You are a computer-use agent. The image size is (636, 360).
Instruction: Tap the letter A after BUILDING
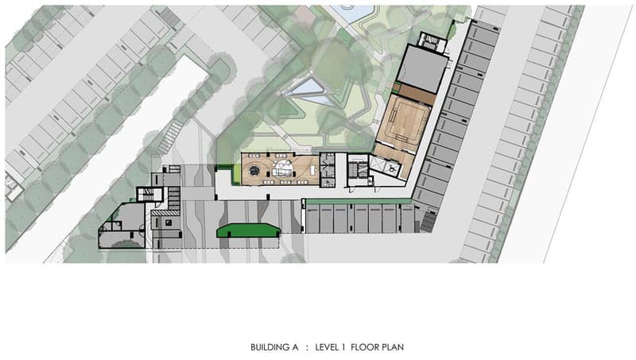[295, 347]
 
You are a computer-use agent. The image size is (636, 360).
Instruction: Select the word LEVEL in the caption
[328, 347]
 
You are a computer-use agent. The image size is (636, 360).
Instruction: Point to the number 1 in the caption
[343, 347]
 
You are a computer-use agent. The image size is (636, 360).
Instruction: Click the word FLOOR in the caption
[364, 347]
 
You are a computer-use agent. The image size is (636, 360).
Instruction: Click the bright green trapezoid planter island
[248, 230]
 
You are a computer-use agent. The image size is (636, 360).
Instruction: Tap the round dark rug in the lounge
[254, 171]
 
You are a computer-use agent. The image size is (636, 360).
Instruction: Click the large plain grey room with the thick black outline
[423, 69]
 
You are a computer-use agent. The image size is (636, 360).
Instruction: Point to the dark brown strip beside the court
[415, 95]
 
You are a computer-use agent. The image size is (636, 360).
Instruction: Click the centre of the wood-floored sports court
[404, 122]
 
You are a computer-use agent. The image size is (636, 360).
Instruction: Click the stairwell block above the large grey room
[432, 42]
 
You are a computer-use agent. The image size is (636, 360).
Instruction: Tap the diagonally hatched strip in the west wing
[165, 212]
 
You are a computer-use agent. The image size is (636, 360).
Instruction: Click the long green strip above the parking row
[359, 201]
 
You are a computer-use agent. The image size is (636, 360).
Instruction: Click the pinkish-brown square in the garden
[301, 16]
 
